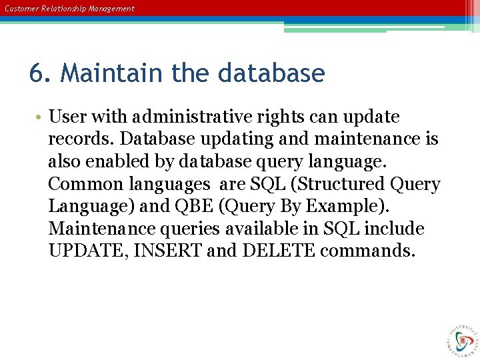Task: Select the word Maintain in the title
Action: coord(112,73)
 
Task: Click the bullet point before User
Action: coord(40,117)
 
